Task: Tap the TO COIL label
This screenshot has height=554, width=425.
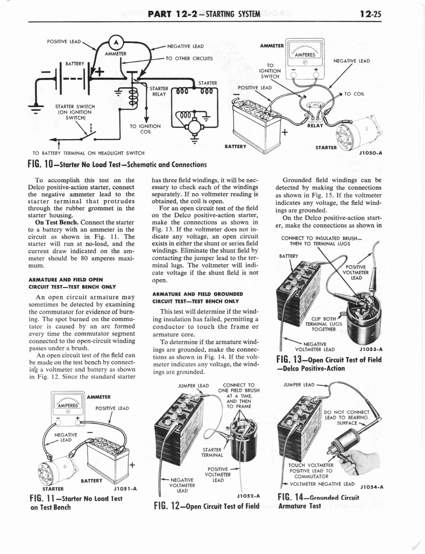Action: click(354, 94)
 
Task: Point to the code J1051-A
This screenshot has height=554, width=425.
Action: click(125, 488)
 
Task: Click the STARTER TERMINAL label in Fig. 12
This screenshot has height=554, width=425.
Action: click(212, 452)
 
